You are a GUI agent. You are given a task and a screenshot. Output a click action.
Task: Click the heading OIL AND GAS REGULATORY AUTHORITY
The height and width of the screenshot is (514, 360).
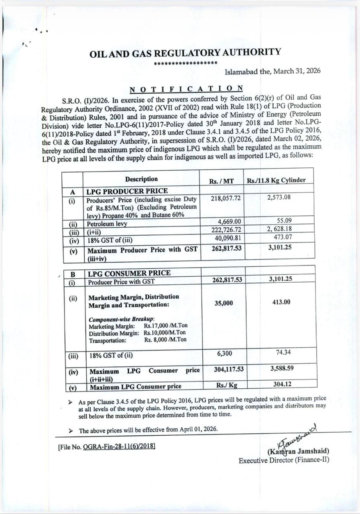(x=185, y=53)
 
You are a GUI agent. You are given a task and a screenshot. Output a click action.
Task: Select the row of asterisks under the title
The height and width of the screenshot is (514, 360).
(x=186, y=63)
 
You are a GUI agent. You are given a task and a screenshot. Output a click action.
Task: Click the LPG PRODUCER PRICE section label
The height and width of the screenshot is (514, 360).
(x=127, y=191)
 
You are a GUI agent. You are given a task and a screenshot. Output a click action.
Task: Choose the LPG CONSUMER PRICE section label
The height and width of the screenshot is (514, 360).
(x=129, y=273)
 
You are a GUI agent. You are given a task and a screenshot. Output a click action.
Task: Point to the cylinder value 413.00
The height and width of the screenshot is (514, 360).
(x=281, y=302)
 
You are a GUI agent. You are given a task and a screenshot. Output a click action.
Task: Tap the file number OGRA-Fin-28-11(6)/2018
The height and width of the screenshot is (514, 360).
(x=119, y=446)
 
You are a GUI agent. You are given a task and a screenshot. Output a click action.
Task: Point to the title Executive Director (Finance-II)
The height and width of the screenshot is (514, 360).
(x=284, y=460)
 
